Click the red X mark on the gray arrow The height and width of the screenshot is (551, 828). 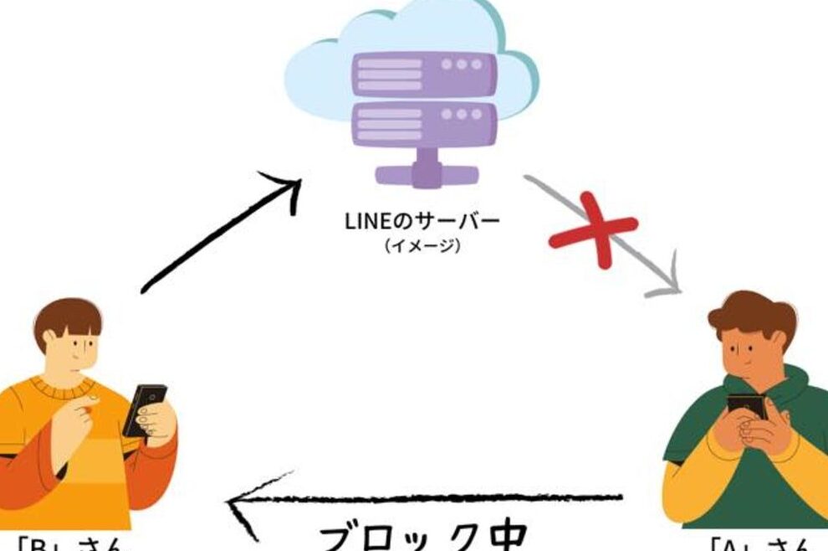pyautogui.click(x=594, y=228)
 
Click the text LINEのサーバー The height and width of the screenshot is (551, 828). pyautogui.click(x=422, y=222)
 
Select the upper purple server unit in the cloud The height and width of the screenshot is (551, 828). pyautogui.click(x=423, y=74)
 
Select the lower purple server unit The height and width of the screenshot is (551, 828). pyautogui.click(x=423, y=122)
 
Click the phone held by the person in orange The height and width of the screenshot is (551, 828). pyautogui.click(x=145, y=409)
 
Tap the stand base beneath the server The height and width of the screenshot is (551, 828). pyautogui.click(x=426, y=173)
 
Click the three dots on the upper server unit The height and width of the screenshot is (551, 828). pyautogui.click(x=462, y=64)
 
